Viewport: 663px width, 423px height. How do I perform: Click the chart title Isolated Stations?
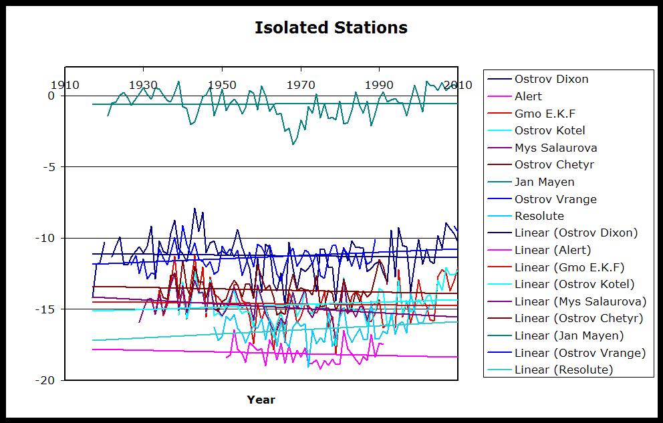pyautogui.click(x=331, y=27)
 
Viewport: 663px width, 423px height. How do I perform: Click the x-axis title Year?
pyautogui.click(x=261, y=400)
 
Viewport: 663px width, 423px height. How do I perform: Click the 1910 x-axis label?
pyautogui.click(x=65, y=85)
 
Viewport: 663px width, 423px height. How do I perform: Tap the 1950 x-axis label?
pyautogui.click(x=222, y=85)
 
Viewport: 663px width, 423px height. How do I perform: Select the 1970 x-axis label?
pyautogui.click(x=301, y=85)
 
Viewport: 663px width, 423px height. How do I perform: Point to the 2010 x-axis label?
pyautogui.click(x=458, y=85)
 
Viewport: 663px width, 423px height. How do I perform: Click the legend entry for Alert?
pyautogui.click(x=528, y=96)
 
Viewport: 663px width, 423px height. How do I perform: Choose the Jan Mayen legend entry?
pyautogui.click(x=544, y=182)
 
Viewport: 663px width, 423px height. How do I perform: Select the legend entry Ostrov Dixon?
pyautogui.click(x=551, y=79)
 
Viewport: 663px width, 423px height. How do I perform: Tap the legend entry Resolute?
pyautogui.click(x=539, y=216)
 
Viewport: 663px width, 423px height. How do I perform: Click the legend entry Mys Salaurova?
pyautogui.click(x=555, y=148)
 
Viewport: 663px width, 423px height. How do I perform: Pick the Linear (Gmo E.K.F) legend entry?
pyautogui.click(x=569, y=267)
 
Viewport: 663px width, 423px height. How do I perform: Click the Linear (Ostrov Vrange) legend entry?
pyautogui.click(x=579, y=353)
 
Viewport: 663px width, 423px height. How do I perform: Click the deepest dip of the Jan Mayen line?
pyautogui.click(x=293, y=144)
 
